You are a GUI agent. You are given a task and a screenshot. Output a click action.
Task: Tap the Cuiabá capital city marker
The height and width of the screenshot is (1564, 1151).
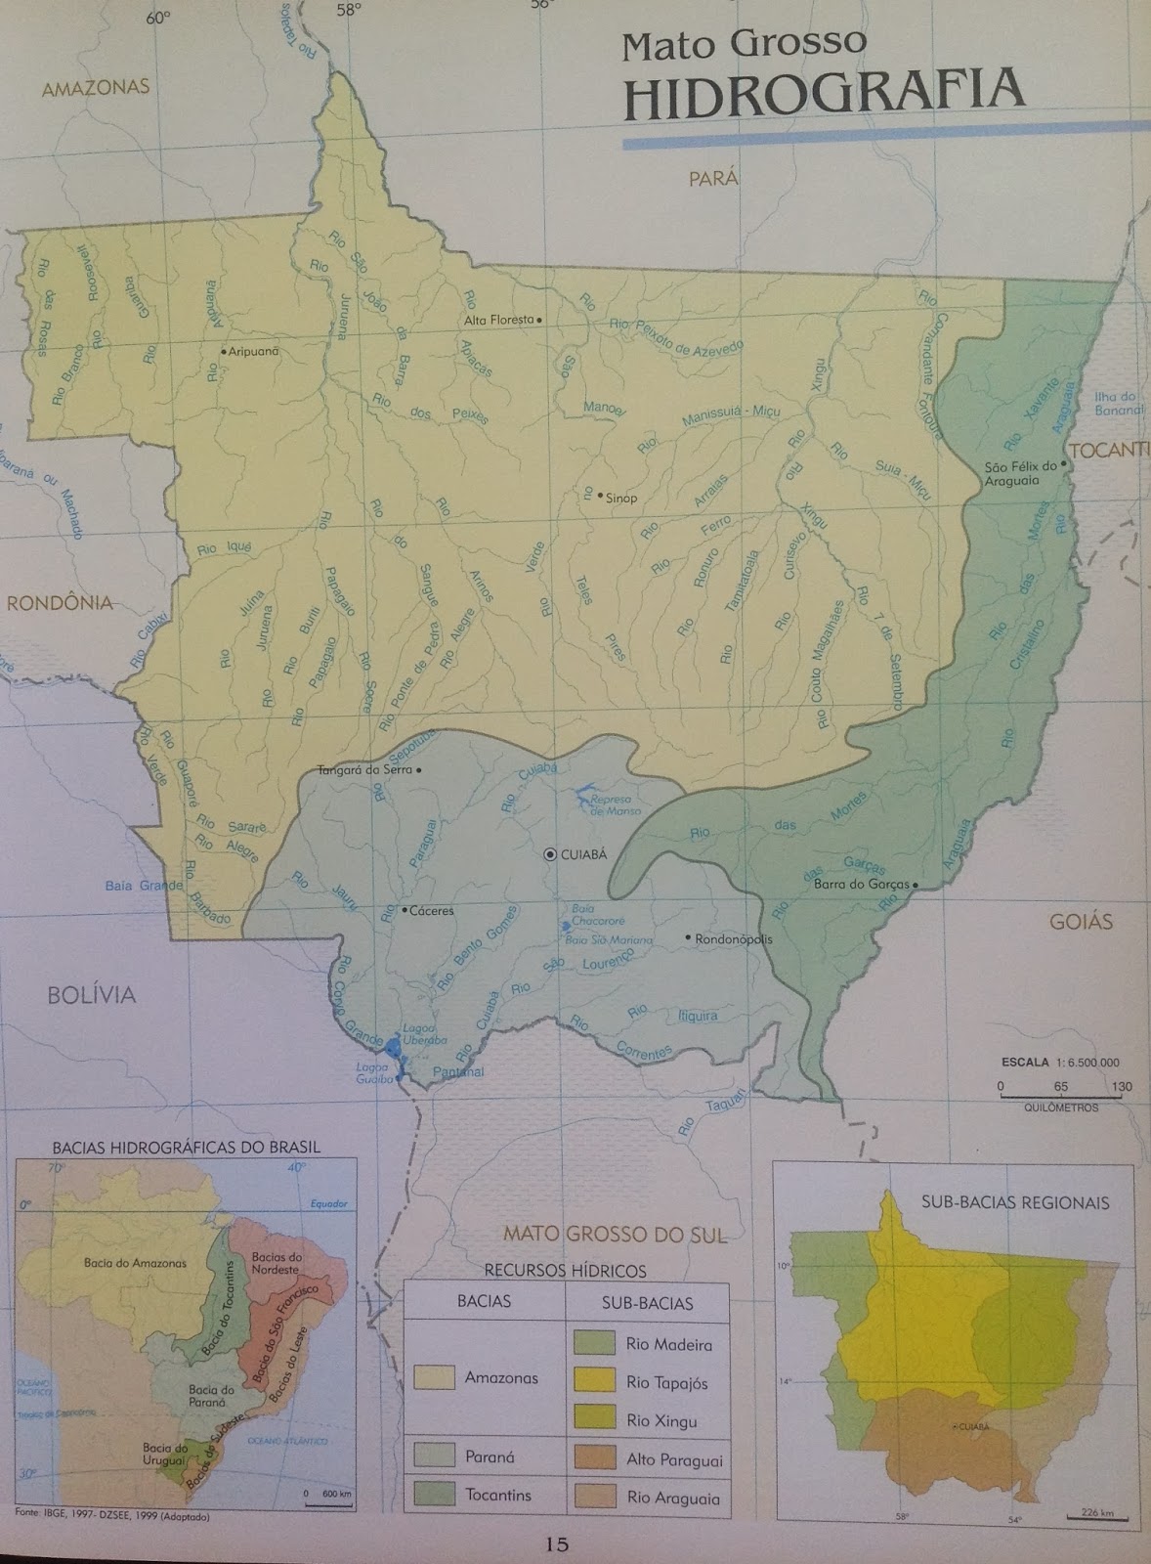550,854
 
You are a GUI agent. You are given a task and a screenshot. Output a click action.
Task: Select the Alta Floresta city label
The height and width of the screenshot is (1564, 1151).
499,320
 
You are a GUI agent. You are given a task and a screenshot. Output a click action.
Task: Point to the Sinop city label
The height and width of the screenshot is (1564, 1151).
621,498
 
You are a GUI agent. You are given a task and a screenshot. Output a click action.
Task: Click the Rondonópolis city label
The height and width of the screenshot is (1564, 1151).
734,939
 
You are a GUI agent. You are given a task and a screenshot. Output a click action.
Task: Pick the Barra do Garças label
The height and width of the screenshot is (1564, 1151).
861,886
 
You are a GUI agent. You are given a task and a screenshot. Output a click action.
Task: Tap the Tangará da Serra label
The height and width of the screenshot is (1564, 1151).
364,770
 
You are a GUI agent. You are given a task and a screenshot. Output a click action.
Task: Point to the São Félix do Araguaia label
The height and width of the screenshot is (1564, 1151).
1021,473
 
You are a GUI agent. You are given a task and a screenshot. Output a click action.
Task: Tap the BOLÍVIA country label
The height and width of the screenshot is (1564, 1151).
92,995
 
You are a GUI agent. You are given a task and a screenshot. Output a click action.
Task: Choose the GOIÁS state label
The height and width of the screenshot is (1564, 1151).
1082,921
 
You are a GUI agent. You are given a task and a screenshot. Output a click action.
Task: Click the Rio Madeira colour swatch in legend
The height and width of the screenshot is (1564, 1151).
594,1344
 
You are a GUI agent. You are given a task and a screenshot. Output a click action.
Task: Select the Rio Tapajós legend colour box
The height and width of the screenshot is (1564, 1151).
594,1381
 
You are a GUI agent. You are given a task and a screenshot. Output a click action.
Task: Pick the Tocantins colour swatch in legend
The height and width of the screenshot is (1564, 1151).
434,1495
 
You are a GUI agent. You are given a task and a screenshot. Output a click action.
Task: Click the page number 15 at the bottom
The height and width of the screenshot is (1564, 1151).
557,1545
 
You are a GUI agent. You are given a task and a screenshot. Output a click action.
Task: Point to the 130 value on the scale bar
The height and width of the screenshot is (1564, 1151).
1121,1086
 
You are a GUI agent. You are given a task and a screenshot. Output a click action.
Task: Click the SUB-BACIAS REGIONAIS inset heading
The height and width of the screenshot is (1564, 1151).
1015,1202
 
